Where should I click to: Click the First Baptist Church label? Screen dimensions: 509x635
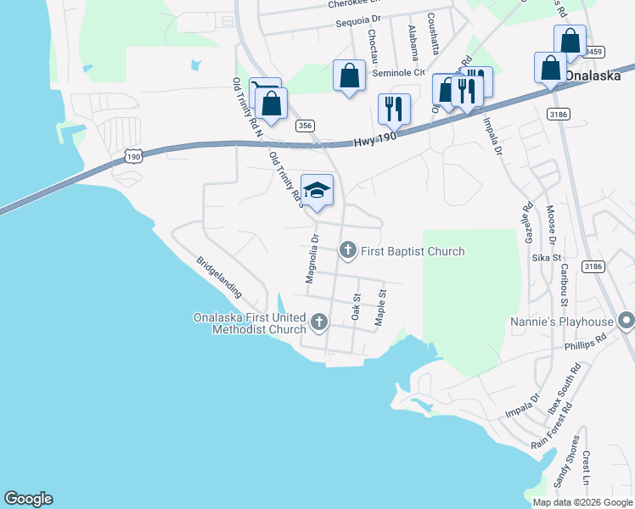[413, 251]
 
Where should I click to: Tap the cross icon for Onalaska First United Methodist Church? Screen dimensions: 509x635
[319, 322]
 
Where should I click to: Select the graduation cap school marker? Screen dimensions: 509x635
[317, 189]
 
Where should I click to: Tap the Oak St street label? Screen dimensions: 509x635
[357, 306]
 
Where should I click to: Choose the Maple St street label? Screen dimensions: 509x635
[380, 305]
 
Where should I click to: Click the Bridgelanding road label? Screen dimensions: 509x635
[220, 277]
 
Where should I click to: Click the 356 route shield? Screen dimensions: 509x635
[305, 126]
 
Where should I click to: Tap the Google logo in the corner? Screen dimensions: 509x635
[28, 499]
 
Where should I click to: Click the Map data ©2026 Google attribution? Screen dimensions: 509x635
[582, 502]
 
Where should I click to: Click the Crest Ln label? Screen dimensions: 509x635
[586, 469]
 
